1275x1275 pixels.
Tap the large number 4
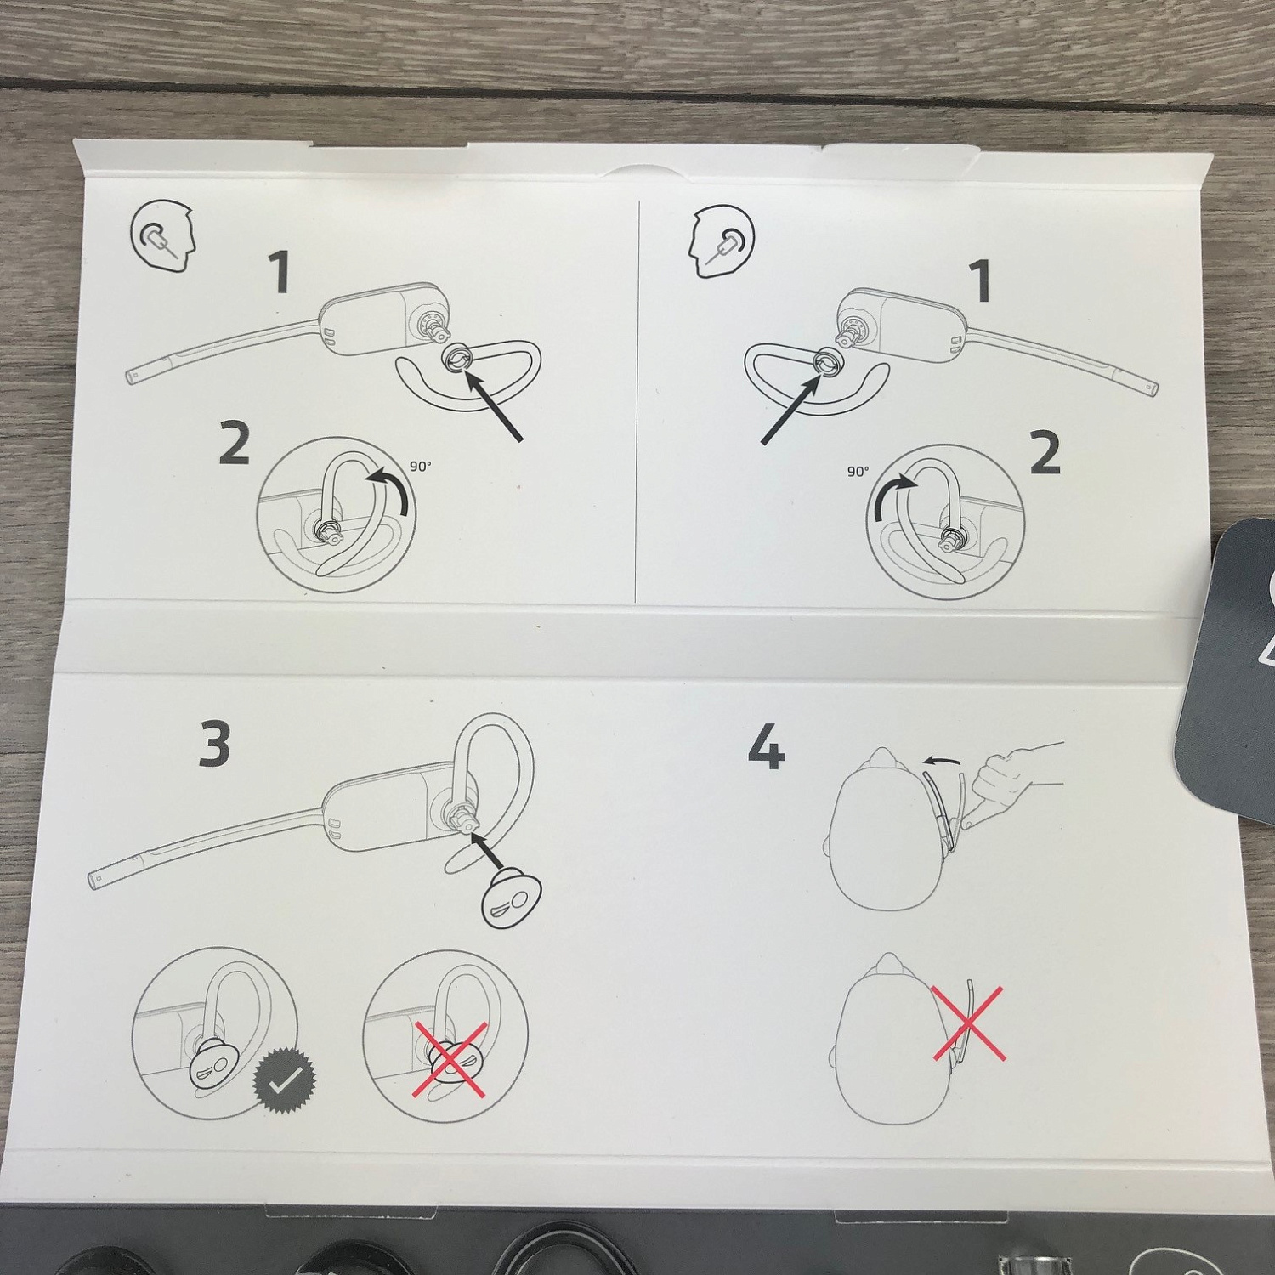[x=766, y=747]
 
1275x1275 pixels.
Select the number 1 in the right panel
[x=980, y=280]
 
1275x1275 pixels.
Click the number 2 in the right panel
[x=1045, y=453]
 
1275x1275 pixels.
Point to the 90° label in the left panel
[x=421, y=466]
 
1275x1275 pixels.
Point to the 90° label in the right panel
[x=858, y=471]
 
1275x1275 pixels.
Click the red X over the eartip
[x=450, y=1059]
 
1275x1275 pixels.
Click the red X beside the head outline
[x=969, y=1024]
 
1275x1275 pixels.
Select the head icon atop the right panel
[x=721, y=241]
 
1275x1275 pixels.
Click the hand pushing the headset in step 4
[x=1011, y=779]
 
